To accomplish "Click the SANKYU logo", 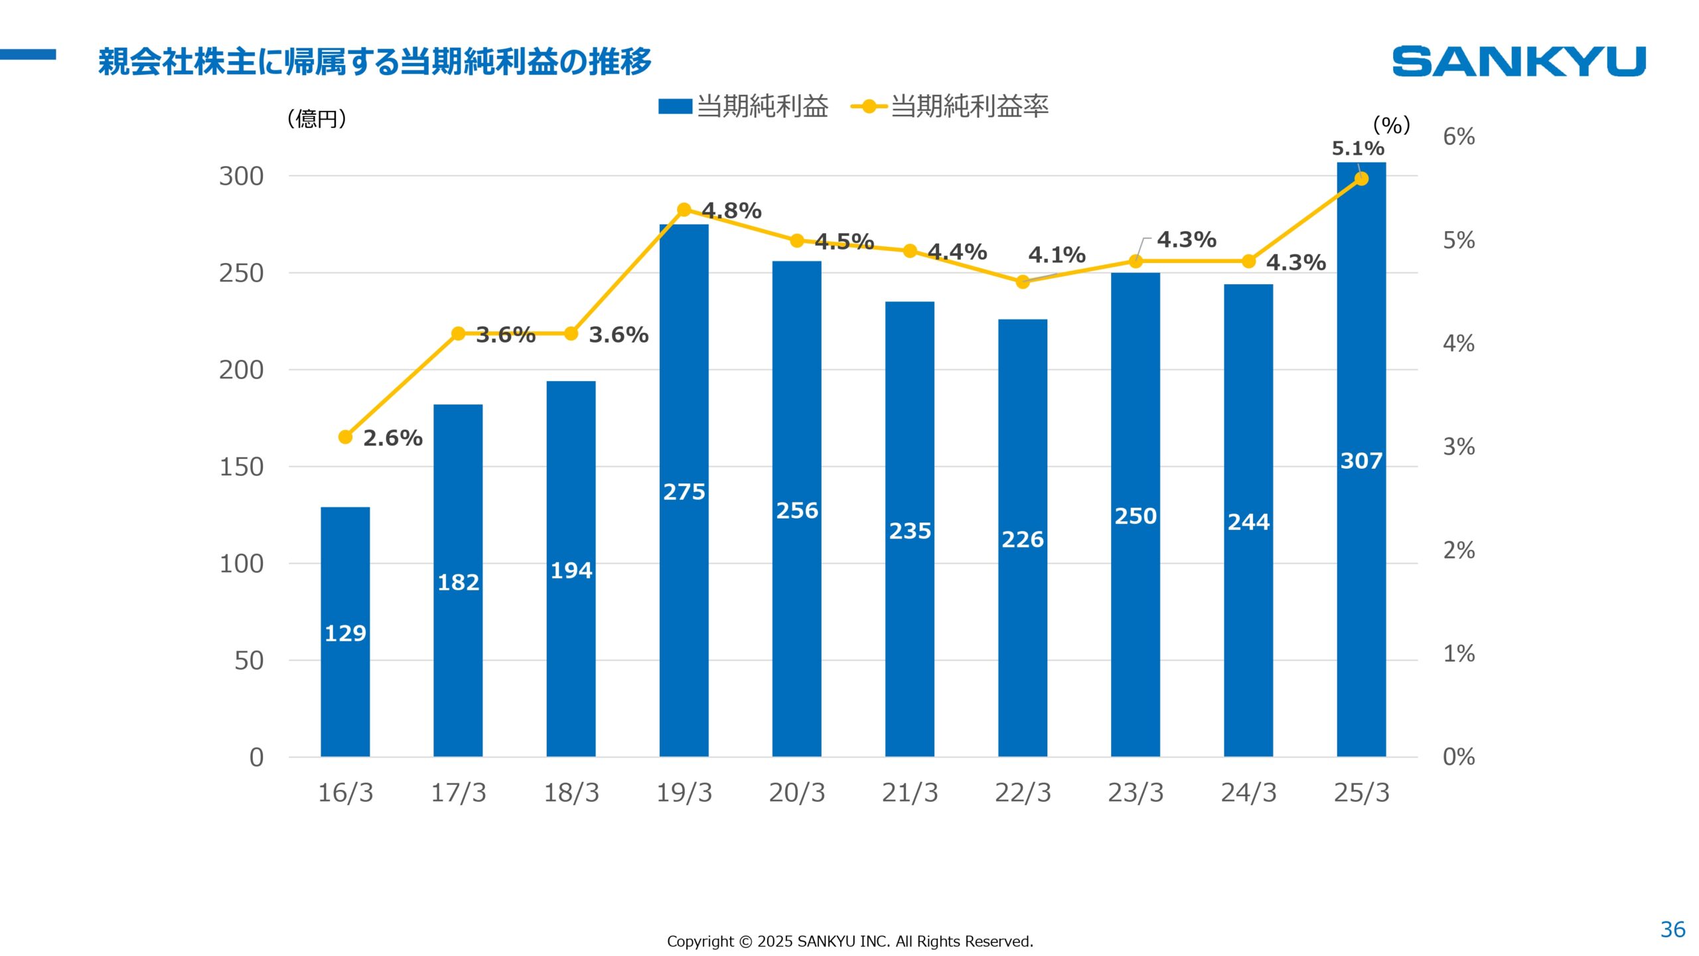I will [1518, 61].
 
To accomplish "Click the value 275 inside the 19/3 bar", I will [684, 492].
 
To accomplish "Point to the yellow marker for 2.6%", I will [345, 437].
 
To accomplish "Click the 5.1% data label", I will [1357, 149].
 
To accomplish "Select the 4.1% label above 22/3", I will [1056, 255].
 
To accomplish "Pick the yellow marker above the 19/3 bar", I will [684, 210].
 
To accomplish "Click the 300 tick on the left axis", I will [241, 177].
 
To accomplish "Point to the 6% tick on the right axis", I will [1458, 137].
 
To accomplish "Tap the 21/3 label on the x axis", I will [909, 793].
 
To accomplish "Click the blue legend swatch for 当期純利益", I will [674, 106].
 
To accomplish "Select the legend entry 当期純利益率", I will [968, 106].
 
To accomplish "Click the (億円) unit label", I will [317, 119].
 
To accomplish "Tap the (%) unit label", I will [1391, 125].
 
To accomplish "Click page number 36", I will [1672, 929].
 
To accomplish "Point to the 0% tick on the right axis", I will [1458, 757].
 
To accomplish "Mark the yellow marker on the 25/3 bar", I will [1361, 179].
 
